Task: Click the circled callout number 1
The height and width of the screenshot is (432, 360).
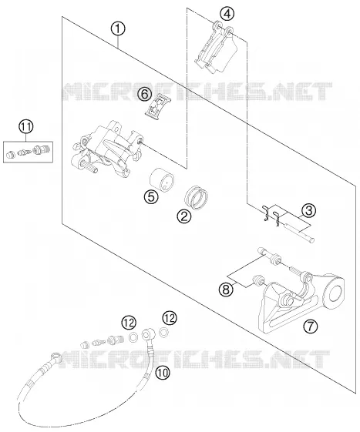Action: tap(118, 29)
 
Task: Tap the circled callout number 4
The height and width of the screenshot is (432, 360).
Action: tap(227, 14)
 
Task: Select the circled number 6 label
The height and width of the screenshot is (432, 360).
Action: tap(145, 94)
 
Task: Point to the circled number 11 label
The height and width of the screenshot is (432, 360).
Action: tap(26, 127)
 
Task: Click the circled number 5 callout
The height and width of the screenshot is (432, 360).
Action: tap(151, 196)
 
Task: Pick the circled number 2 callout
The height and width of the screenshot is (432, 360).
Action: tap(184, 216)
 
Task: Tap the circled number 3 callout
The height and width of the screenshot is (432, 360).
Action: tap(308, 210)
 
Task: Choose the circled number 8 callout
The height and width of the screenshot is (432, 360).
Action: tap(226, 290)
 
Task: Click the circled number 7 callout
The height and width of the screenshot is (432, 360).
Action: tap(311, 327)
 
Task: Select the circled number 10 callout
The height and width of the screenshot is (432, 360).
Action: tap(163, 373)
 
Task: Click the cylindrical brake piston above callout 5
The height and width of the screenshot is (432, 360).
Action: tap(162, 180)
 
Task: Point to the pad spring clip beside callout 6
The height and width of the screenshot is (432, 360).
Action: tap(157, 108)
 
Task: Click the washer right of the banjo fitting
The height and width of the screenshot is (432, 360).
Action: tap(163, 333)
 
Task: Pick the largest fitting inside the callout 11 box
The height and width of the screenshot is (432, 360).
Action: tap(41, 149)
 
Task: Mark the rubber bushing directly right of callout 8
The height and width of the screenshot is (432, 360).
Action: tap(258, 281)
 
